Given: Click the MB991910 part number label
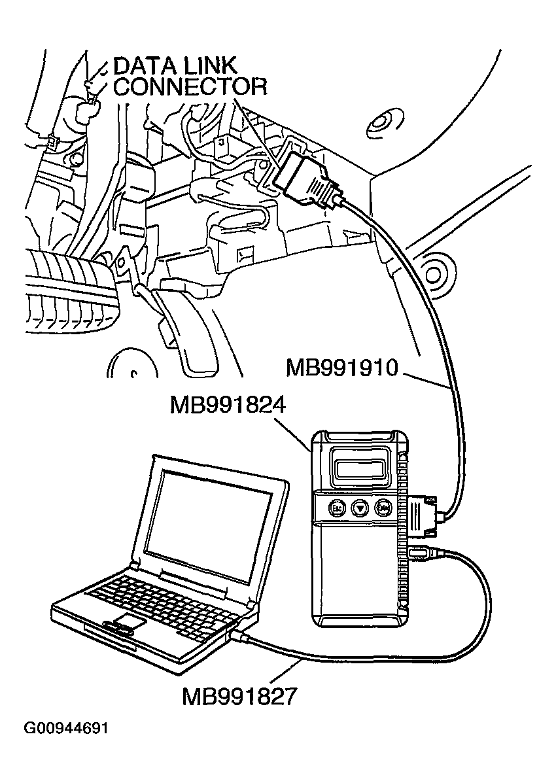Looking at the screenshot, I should pos(342,368).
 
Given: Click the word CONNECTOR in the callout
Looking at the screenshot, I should pos(190,86).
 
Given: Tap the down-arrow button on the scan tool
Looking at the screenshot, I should pos(359,507).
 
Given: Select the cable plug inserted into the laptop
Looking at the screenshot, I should pos(238,635).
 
